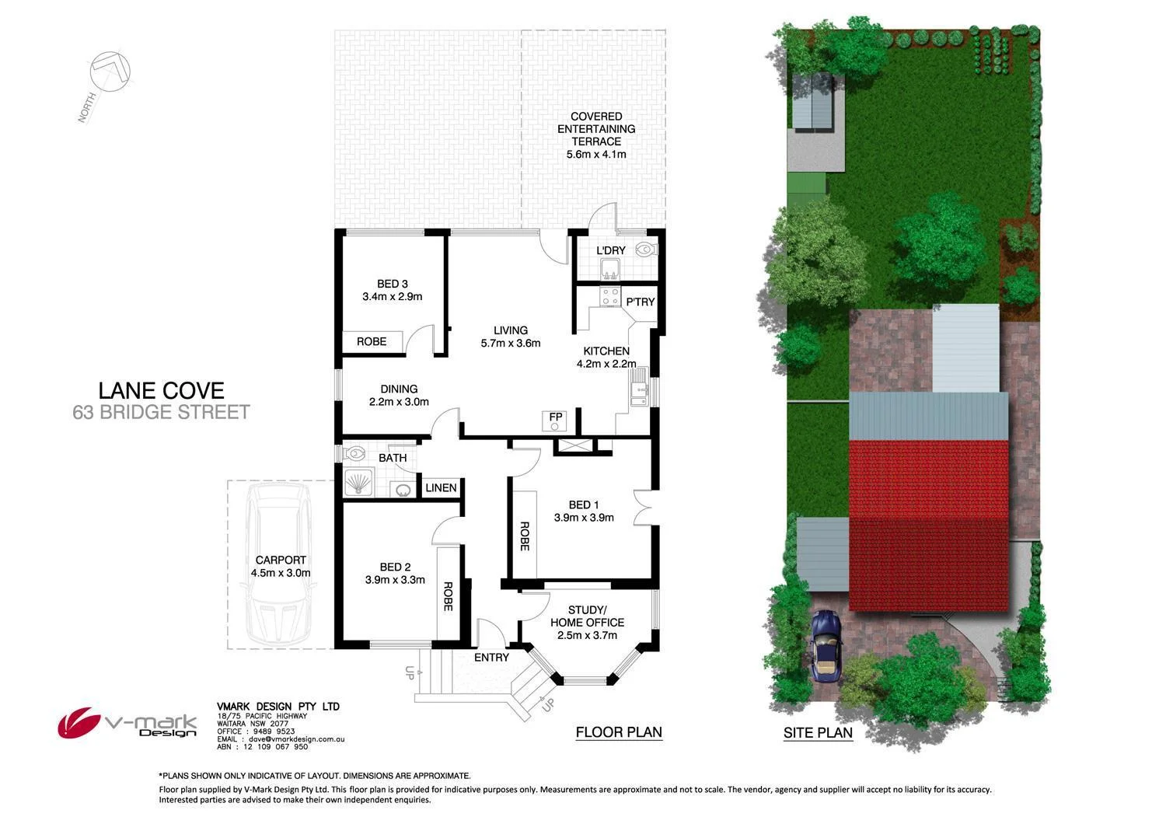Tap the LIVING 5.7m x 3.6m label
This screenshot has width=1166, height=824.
(510, 337)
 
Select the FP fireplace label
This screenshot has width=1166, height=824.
(555, 417)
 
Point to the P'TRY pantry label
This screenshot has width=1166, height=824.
(641, 302)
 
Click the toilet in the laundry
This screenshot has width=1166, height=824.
(645, 250)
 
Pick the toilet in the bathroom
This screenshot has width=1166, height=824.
(354, 452)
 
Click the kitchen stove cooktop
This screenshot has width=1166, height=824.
(609, 297)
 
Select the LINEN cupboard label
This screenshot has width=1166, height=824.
(441, 488)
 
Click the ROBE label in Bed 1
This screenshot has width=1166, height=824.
(525, 536)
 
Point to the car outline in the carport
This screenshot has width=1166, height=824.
(278, 566)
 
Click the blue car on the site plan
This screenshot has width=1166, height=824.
(824, 645)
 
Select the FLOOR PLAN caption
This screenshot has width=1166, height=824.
(619, 732)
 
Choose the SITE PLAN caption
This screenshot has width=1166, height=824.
(818, 732)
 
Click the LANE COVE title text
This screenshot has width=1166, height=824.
(161, 390)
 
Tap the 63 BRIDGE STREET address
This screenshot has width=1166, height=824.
(161, 412)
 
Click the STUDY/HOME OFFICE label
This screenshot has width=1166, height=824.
(587, 622)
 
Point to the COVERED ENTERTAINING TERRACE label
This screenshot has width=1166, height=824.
(596, 135)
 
